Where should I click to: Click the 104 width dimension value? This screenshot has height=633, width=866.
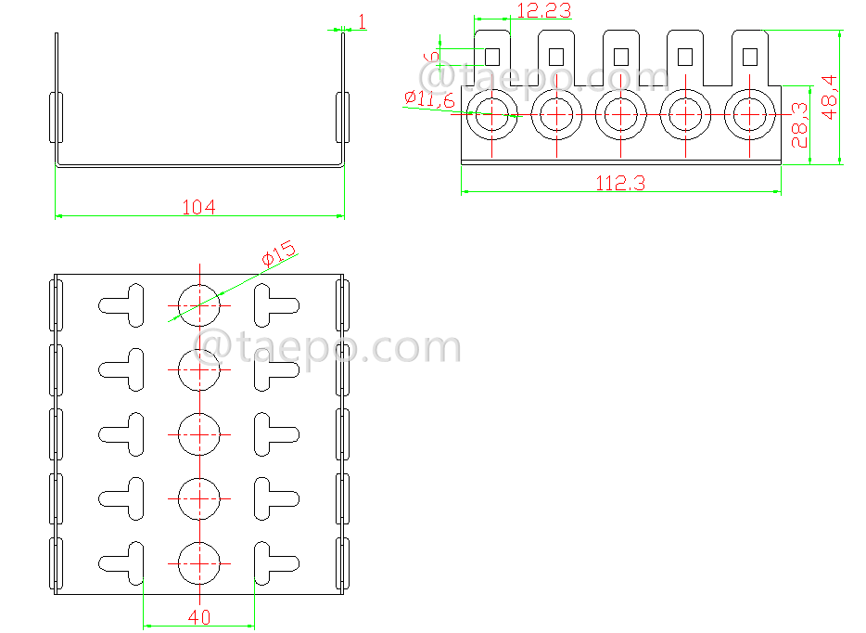point(198,207)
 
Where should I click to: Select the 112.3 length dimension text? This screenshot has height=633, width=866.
point(620,184)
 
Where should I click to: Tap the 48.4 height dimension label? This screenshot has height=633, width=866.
point(830,96)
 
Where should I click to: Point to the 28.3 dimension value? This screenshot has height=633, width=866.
point(799,126)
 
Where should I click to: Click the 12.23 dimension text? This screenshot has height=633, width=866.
point(544,11)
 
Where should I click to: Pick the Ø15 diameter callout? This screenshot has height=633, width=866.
point(277,253)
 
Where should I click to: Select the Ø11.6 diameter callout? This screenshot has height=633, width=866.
point(429,98)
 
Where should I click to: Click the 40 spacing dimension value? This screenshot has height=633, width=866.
point(198,617)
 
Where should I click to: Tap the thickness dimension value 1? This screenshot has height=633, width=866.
point(361,21)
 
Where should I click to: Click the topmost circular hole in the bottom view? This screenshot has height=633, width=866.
point(198,304)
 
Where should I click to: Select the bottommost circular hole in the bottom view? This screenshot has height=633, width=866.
point(198,562)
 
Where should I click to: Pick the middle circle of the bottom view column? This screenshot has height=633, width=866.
point(198,433)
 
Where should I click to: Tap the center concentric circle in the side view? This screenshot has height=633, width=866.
point(620,113)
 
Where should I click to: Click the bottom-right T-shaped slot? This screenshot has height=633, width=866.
point(274,562)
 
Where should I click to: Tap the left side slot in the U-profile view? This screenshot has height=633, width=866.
point(56,117)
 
